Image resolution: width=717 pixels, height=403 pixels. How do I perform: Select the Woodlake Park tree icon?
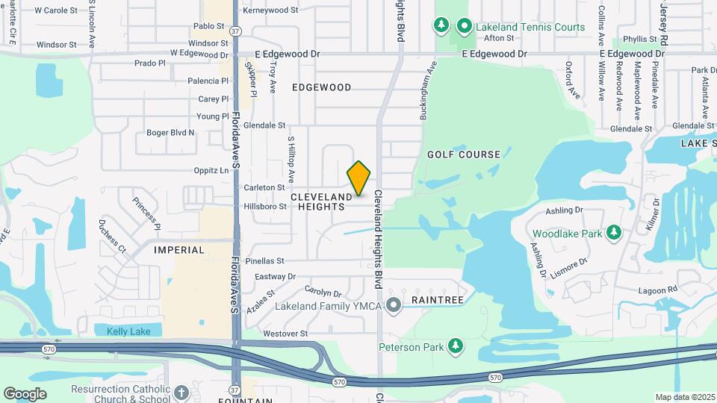pyautogui.click(x=614, y=234)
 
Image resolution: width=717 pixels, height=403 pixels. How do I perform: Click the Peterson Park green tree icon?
pyautogui.click(x=455, y=346)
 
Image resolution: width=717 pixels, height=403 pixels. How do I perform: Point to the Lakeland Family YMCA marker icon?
pyautogui.click(x=396, y=304)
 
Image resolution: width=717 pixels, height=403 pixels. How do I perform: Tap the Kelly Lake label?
pyautogui.click(x=128, y=331)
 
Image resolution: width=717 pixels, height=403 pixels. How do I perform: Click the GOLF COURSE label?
pyautogui.click(x=463, y=154)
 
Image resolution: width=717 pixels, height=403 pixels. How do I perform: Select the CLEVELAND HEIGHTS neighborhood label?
pyautogui.click(x=321, y=201)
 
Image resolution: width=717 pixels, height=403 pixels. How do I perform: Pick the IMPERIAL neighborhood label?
pyautogui.click(x=179, y=250)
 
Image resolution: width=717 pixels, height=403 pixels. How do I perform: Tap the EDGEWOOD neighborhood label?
pyautogui.click(x=321, y=87)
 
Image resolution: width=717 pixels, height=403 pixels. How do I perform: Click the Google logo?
pyautogui.click(x=25, y=394)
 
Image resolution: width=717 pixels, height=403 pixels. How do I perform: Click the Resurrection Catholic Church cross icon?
pyautogui.click(x=181, y=392)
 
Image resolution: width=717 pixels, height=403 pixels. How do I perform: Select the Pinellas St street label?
pyautogui.click(x=270, y=260)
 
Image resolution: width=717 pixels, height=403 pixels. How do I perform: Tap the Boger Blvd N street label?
pyautogui.click(x=170, y=133)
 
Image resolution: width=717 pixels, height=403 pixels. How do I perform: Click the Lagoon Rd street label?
pyautogui.click(x=657, y=290)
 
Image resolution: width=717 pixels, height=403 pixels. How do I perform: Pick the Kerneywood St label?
pyautogui.click(x=270, y=10)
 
